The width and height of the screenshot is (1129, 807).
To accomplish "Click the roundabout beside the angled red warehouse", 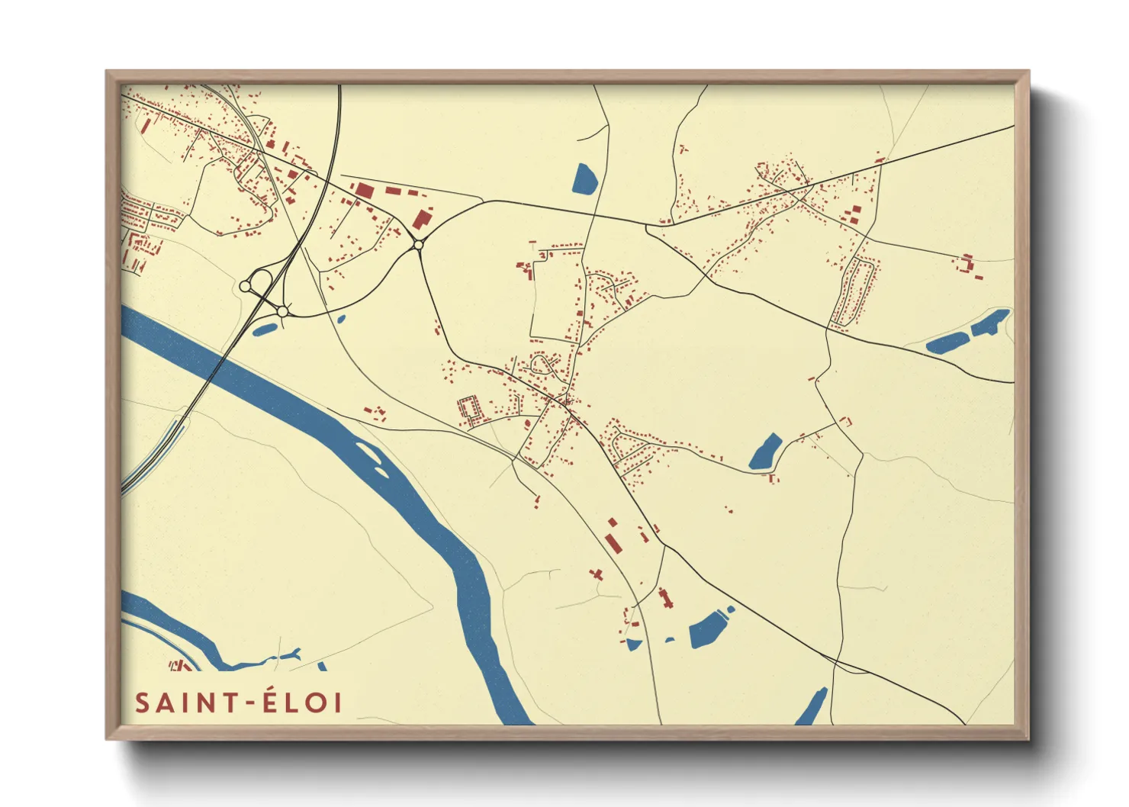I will (418, 245).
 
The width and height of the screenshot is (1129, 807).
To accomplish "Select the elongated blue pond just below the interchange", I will (265, 330).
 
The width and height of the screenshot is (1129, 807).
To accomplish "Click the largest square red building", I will (364, 190).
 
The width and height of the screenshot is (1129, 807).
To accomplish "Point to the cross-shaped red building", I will (597, 573).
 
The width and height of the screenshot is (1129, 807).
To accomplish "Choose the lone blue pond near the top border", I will (584, 178).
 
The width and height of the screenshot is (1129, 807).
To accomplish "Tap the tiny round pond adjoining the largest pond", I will (730, 609).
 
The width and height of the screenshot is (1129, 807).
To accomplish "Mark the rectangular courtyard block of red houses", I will (471, 410).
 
